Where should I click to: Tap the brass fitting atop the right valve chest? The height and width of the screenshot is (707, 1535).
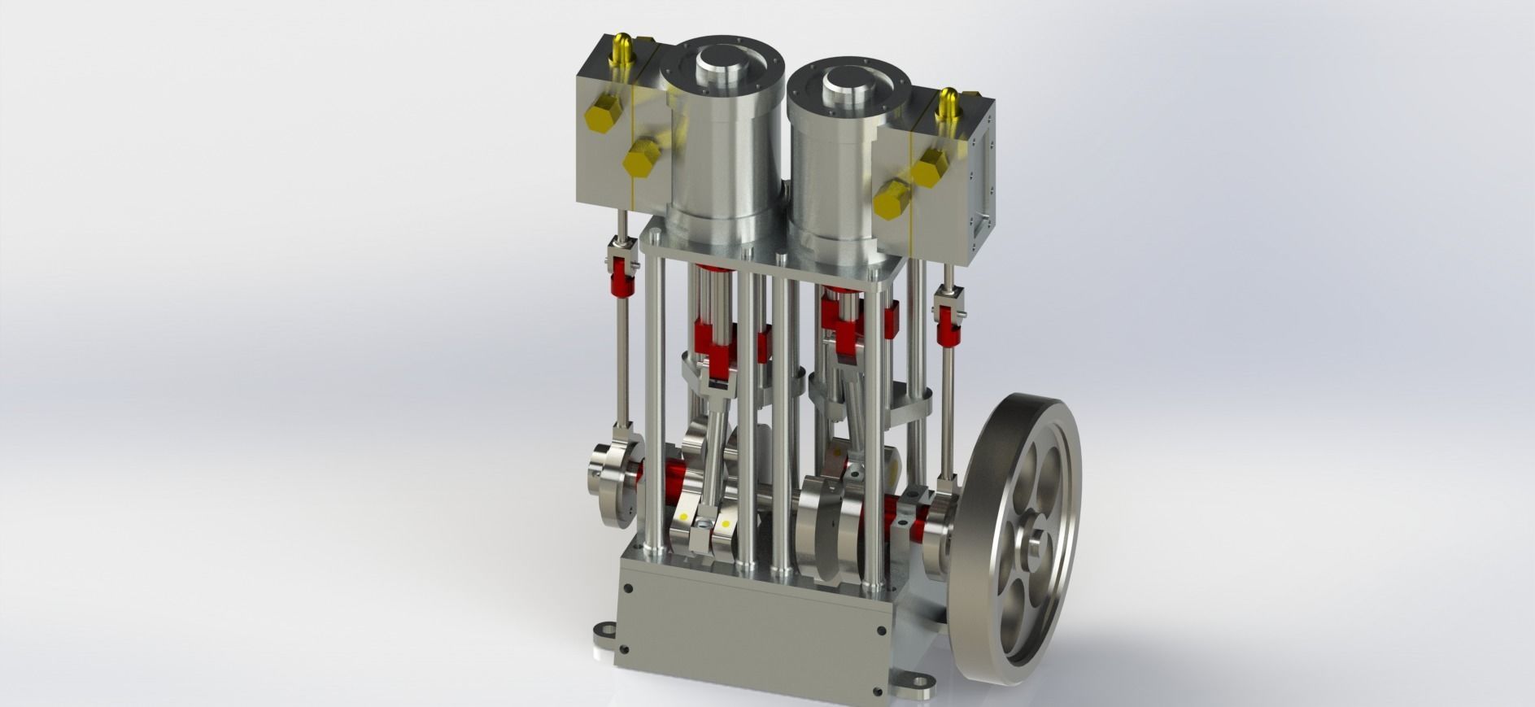point(948,102)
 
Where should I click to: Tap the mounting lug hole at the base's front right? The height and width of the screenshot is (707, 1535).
point(919,683)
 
